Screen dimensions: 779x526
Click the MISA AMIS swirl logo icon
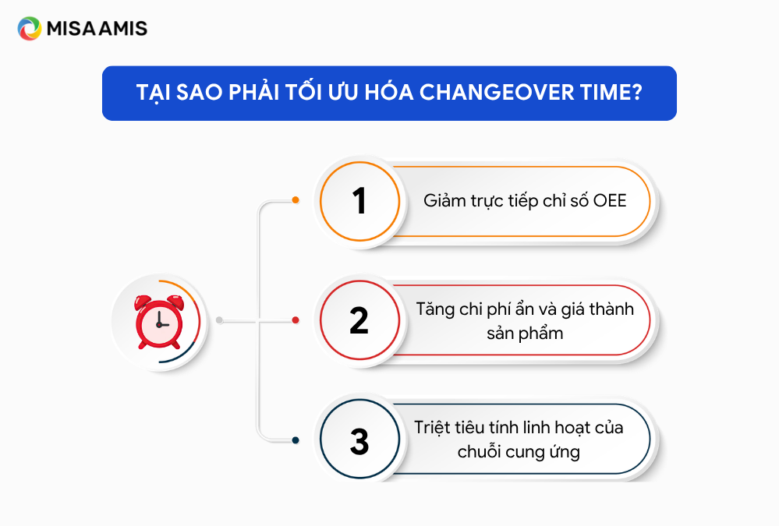point(30,28)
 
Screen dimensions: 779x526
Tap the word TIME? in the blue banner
point(611,93)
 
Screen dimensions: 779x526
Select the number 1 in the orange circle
point(359,201)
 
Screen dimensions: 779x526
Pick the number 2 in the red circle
point(359,320)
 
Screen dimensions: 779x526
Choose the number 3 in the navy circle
point(359,441)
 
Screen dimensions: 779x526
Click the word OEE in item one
point(610,201)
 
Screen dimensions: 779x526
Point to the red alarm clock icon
point(159,322)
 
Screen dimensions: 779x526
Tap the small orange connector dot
point(296,200)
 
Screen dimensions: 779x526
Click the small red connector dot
point(296,320)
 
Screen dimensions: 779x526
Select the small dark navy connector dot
point(296,440)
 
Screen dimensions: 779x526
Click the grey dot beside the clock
point(219,320)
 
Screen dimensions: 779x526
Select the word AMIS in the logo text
point(122,29)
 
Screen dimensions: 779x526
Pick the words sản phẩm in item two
point(525,334)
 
